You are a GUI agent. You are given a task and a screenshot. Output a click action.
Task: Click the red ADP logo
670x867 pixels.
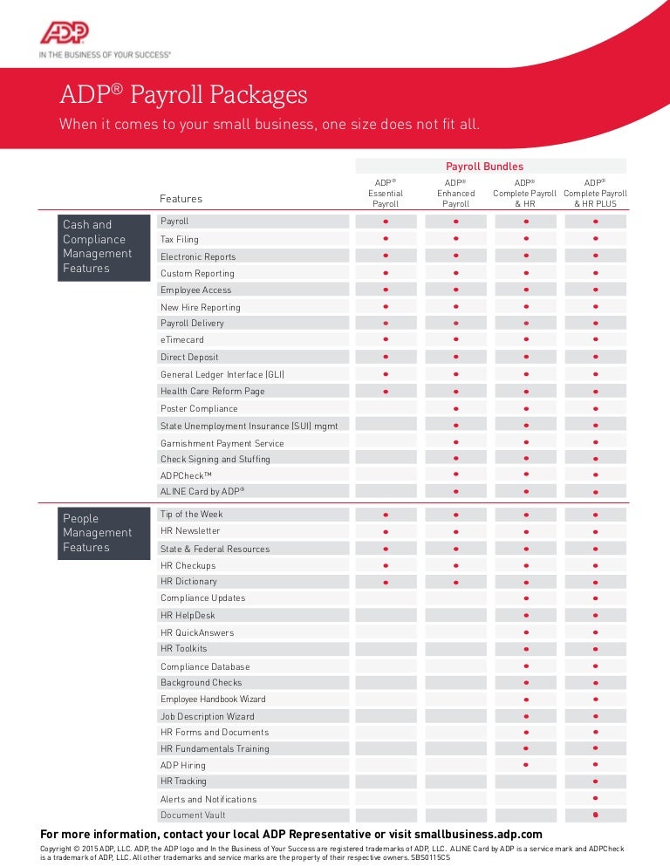click(64, 33)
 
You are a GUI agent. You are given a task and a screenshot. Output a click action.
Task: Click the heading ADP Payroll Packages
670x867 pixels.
click(183, 94)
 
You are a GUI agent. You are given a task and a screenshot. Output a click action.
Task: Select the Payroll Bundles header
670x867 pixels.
click(484, 166)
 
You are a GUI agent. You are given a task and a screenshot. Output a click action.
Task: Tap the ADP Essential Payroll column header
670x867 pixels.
click(386, 193)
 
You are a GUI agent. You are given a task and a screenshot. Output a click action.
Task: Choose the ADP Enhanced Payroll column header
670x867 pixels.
click(455, 193)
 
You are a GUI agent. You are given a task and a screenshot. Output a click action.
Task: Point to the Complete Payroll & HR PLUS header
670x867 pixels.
click(595, 193)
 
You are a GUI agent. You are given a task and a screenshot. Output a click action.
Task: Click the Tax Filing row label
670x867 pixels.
click(180, 239)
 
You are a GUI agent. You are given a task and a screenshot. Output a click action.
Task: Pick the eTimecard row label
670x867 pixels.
click(181, 340)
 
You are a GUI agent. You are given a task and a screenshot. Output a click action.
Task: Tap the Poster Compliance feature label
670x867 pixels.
click(199, 408)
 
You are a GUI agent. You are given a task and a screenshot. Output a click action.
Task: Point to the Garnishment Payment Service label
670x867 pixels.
click(222, 443)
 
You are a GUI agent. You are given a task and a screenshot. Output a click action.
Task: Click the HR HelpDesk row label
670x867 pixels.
click(188, 615)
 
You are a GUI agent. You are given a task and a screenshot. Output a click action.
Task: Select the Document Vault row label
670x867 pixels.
click(193, 815)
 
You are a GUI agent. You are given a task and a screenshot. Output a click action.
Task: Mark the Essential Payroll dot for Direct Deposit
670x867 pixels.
click(386, 357)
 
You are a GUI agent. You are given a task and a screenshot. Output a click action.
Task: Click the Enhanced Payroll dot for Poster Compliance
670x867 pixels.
click(455, 408)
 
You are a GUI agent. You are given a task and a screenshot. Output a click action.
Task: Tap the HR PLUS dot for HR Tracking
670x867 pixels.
click(595, 782)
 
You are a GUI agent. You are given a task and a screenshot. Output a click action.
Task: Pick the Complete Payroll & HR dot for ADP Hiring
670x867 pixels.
click(525, 765)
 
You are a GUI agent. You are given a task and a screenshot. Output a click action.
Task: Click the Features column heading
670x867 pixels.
click(181, 199)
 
